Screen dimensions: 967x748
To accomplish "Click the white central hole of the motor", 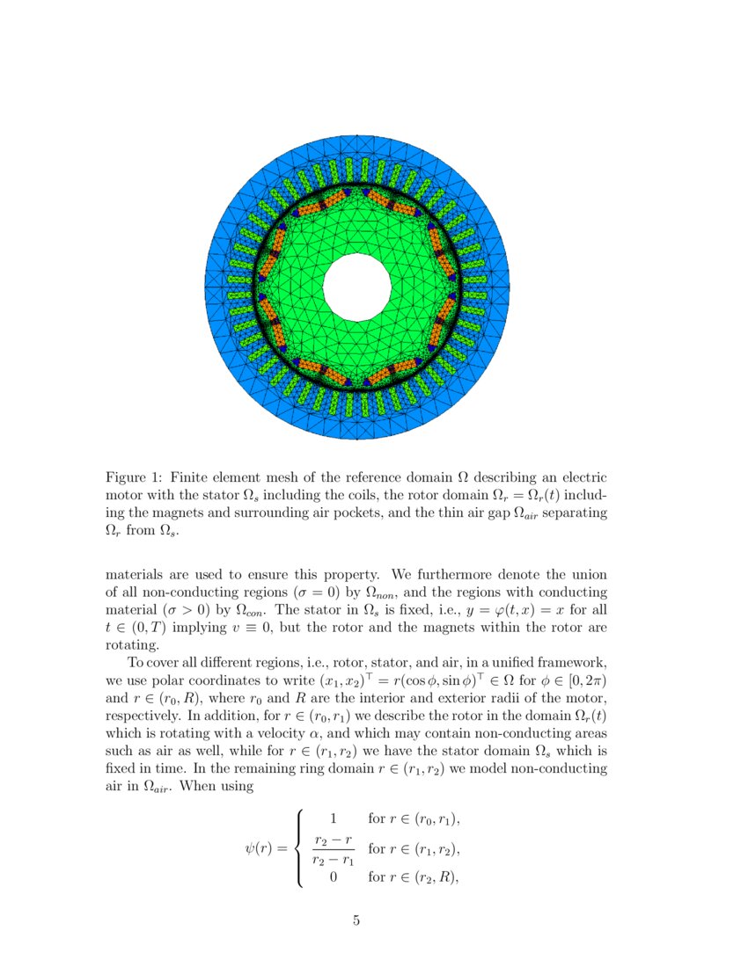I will (357, 287).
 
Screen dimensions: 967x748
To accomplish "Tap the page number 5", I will (356, 920).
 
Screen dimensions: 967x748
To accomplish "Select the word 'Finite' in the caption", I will (191, 478).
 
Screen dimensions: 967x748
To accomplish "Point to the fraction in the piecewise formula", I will (333, 849).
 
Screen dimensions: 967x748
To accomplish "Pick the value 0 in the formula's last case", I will (333, 876).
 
